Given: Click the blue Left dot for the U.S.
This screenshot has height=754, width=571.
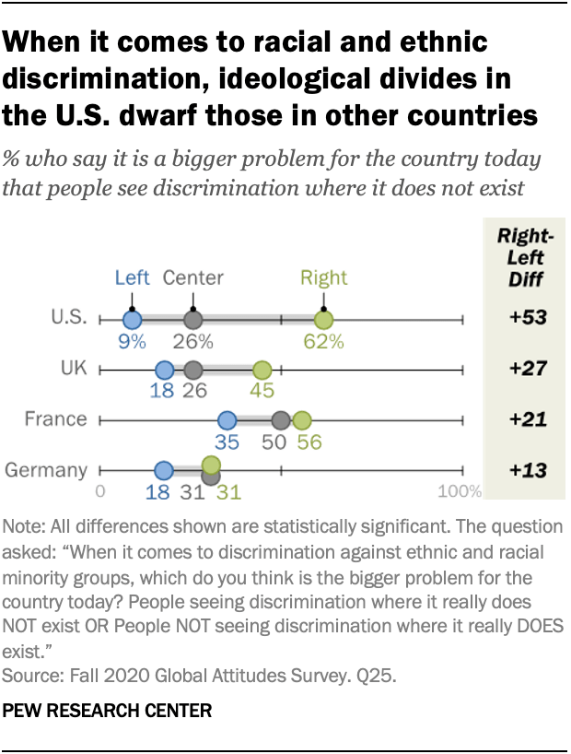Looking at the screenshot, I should [132, 320].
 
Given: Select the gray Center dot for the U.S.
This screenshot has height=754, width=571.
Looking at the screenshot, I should [192, 320].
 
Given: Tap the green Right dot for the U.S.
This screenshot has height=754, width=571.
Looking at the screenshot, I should [323, 320].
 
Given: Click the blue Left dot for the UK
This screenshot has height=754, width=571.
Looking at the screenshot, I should [165, 371].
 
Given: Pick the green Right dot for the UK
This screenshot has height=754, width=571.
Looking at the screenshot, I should [262, 371].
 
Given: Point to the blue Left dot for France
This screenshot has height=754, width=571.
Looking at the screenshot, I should [227, 421].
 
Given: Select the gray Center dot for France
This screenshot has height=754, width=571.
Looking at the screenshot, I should [282, 421].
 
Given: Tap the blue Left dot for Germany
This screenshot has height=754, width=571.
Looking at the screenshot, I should [164, 471].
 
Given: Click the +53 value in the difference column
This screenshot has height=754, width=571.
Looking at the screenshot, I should [529, 319].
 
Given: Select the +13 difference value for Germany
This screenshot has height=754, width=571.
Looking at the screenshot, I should [529, 471].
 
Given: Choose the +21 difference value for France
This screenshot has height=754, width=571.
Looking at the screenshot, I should [529, 420].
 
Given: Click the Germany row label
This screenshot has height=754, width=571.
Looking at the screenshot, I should [46, 470].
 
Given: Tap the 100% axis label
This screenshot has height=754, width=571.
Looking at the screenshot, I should [459, 491].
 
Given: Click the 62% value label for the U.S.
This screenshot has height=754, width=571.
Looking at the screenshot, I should [324, 342].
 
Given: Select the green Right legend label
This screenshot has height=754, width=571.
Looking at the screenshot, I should [323, 277].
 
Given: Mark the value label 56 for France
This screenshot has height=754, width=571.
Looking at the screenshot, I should [309, 442].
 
